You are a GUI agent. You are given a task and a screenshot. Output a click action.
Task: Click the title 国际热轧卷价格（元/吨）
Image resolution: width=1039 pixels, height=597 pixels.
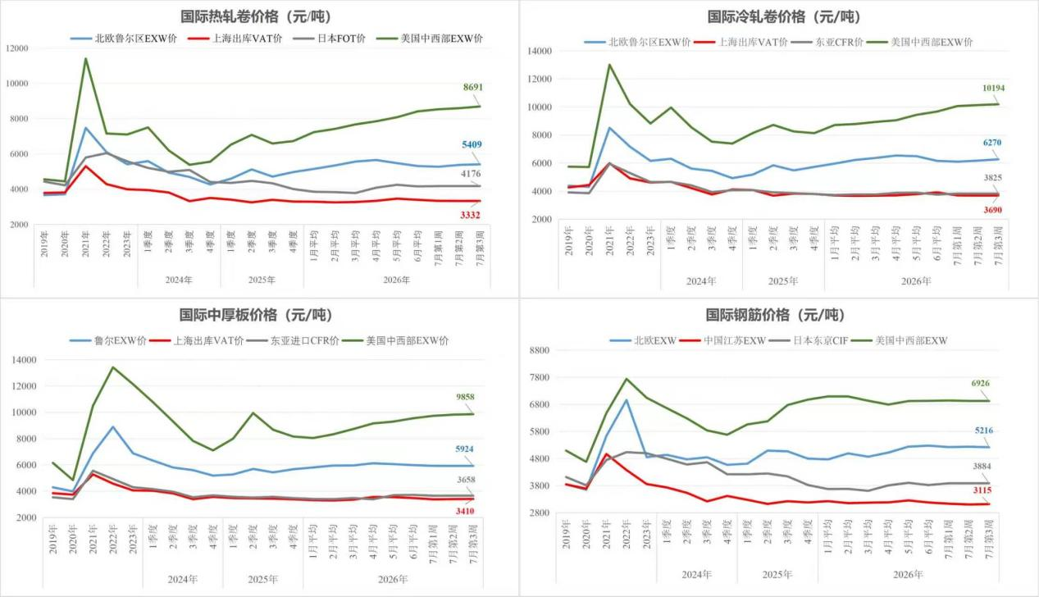[257, 17]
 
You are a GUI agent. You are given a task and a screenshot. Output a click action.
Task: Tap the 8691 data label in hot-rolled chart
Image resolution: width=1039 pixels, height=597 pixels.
[472, 87]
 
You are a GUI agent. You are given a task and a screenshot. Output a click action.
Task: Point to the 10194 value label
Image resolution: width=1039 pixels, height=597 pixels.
[994, 88]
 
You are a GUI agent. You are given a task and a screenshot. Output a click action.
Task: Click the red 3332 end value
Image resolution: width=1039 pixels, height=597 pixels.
[470, 215]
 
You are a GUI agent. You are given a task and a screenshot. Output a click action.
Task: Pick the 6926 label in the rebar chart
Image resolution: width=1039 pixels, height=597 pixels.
[981, 383]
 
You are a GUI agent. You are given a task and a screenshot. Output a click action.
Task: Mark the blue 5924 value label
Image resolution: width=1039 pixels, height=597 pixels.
[464, 449]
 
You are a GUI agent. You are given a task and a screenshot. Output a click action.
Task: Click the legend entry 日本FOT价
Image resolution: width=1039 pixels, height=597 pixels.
[330, 39]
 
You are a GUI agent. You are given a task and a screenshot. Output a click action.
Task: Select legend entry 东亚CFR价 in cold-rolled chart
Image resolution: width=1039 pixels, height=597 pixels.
[827, 42]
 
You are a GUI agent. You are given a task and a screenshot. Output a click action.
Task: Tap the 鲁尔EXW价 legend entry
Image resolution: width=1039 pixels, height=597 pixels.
[108, 341]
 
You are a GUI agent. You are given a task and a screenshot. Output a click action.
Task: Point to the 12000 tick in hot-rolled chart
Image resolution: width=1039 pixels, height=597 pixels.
[17, 48]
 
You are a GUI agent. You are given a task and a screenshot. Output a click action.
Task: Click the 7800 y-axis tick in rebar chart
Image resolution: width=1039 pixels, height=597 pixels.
[540, 377]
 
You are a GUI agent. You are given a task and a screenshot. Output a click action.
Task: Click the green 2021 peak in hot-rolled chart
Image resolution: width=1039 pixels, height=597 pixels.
[86, 58]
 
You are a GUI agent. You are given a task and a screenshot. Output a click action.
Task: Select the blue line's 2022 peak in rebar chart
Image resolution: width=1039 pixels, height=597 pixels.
[627, 400]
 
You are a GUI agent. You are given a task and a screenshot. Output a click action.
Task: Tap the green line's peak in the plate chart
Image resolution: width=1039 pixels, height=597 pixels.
[112, 367]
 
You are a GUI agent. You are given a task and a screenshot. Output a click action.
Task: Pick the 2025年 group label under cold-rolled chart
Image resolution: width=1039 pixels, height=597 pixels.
[783, 281]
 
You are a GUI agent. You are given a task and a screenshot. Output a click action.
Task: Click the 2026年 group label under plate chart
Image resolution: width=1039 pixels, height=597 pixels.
[393, 580]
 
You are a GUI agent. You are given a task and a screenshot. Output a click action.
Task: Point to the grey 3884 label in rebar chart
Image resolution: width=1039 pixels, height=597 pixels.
[982, 466]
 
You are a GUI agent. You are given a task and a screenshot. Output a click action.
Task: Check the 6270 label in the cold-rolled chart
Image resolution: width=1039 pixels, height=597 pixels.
[992, 143]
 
